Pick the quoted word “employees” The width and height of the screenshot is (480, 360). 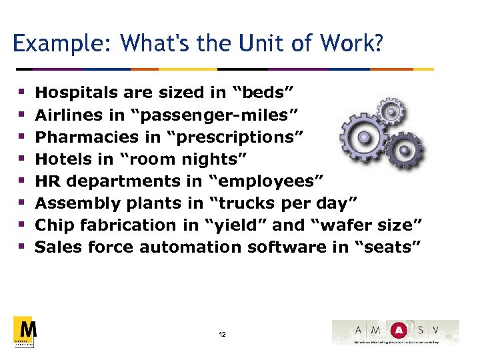[266, 181]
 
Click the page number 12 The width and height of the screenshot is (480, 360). [222, 334]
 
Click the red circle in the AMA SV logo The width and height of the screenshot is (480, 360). [398, 331]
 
